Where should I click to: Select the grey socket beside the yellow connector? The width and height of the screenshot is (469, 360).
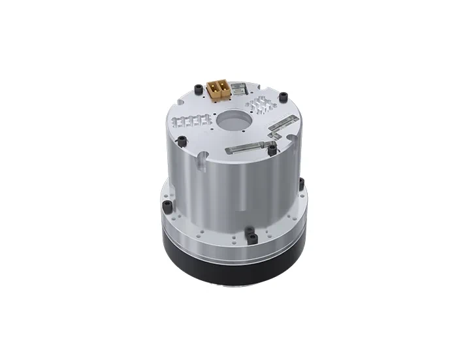pyautogui.click(x=238, y=89)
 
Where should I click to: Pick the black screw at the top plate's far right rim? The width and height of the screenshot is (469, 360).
pyautogui.click(x=282, y=98)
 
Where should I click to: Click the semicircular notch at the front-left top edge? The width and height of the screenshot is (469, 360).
pyautogui.click(x=203, y=156)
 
